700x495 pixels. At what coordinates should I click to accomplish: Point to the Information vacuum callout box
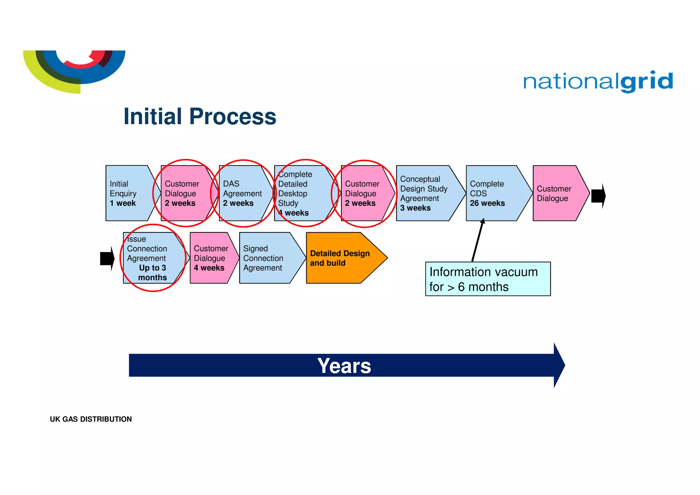pyautogui.click(x=488, y=279)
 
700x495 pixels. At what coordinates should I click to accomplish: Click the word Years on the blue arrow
pyautogui.click(x=344, y=366)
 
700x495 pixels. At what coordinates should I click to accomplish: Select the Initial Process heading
pyautogui.click(x=200, y=116)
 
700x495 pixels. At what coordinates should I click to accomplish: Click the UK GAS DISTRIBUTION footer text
pyautogui.click(x=91, y=419)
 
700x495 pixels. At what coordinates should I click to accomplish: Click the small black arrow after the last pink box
pyautogui.click(x=598, y=196)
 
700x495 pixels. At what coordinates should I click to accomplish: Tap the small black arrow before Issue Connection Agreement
pyautogui.click(x=107, y=258)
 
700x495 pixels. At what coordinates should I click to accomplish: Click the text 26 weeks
pyautogui.click(x=487, y=203)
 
